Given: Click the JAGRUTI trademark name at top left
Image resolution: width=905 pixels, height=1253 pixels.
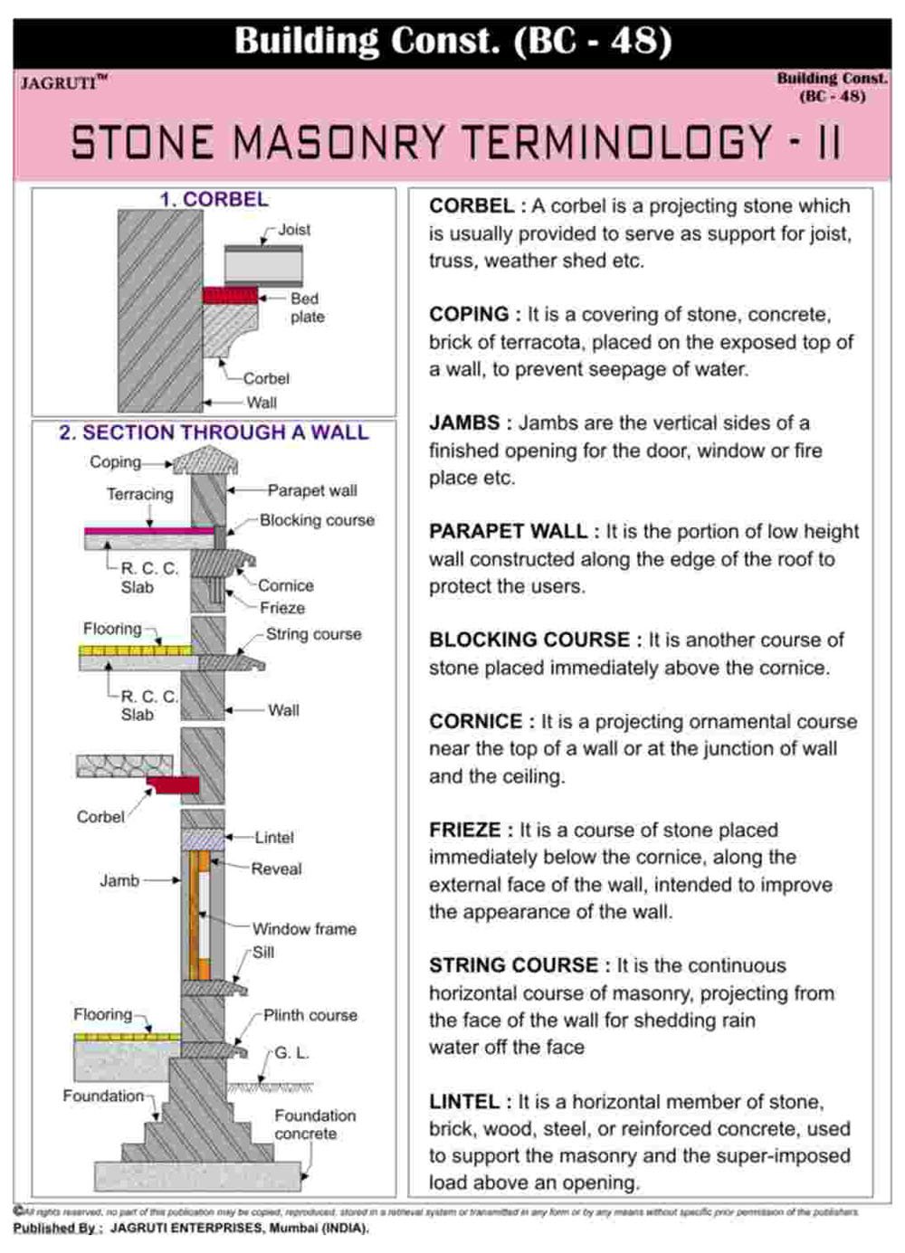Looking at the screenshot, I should [59, 83].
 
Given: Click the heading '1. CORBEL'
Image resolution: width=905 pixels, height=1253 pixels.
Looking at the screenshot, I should [214, 199].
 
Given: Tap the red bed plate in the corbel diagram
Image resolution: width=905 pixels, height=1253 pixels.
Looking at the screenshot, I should [230, 295].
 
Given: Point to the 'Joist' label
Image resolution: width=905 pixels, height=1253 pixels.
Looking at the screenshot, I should [294, 230].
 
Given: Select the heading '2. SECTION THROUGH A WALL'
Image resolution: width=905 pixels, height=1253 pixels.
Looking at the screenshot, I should [214, 432].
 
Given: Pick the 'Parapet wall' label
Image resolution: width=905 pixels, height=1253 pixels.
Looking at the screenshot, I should [312, 490].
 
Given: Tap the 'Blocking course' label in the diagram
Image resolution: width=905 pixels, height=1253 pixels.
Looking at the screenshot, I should [317, 520].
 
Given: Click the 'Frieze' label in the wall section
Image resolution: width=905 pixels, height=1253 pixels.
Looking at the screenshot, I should [282, 608].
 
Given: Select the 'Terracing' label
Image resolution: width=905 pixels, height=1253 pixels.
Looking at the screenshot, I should [139, 494].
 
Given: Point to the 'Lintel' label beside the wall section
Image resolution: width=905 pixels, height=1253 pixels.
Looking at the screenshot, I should [274, 838].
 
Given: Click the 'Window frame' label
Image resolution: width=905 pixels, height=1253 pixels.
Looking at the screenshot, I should [304, 929].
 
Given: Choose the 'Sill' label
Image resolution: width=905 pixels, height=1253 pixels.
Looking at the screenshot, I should [263, 953].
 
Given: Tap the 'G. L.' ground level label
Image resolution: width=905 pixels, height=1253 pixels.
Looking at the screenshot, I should [292, 1053].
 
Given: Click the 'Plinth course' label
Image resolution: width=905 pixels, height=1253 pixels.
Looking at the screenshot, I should [310, 1015].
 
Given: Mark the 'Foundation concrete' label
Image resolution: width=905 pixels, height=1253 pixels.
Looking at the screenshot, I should [315, 1125].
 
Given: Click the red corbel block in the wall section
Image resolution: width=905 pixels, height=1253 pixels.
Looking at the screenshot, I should [174, 784].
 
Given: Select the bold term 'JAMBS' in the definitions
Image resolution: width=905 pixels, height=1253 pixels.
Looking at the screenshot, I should [464, 422].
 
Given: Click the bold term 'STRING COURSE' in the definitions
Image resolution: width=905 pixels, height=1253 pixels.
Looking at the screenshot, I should [513, 965].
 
